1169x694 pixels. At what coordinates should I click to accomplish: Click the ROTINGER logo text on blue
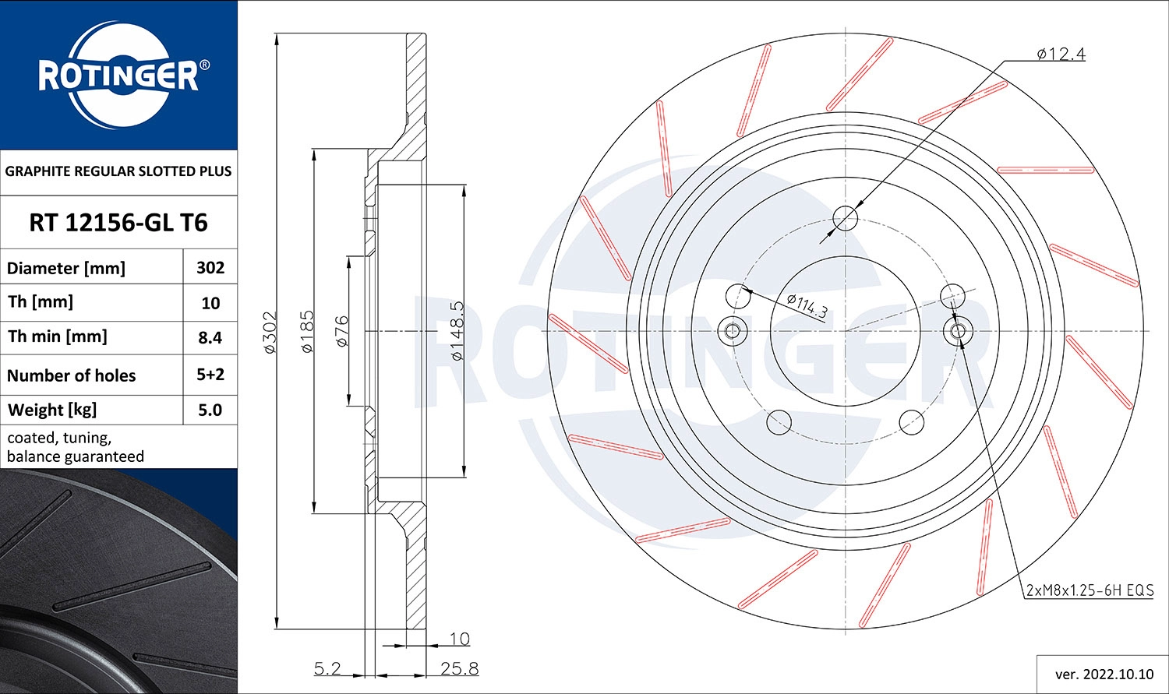point(118,76)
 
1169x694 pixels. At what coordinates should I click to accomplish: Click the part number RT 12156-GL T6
point(118,223)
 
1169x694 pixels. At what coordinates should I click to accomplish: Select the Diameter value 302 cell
point(210,267)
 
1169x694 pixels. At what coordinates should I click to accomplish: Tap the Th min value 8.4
point(210,337)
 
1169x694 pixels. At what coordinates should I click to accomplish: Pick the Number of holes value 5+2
point(210,375)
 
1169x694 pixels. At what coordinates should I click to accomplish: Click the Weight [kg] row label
point(52,410)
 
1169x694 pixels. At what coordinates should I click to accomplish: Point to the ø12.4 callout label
point(1061,54)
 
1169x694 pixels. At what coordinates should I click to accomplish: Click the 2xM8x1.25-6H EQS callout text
point(1089,590)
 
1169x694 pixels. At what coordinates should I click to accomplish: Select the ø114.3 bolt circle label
point(807,306)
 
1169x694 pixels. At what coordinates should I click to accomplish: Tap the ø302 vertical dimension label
point(270,333)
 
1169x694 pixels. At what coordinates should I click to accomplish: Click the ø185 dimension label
point(307,333)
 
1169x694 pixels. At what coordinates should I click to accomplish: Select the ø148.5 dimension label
point(457,331)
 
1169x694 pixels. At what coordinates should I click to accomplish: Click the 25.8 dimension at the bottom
point(459,668)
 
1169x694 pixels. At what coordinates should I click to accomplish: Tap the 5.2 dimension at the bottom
point(327,668)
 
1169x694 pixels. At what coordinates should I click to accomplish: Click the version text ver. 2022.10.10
point(1104,674)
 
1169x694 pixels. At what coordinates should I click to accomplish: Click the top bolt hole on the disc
point(846,218)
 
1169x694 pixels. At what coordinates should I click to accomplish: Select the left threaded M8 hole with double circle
point(732,331)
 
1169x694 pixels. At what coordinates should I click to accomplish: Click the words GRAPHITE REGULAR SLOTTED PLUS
point(118,171)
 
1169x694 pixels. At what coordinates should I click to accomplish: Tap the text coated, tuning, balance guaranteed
point(76,447)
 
